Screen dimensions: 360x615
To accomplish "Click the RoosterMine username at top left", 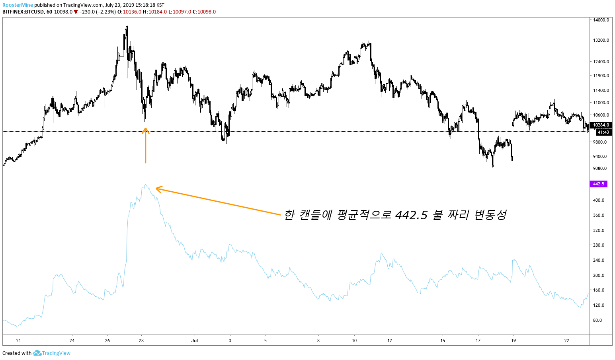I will click(18, 5).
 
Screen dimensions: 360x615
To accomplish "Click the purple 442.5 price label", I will click(598, 184).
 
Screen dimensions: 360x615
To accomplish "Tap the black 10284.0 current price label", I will click(601, 125).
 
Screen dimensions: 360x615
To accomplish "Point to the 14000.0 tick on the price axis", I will click(601, 20).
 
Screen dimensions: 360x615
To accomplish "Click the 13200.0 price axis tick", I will click(601, 40).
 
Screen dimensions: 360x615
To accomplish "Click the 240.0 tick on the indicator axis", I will click(599, 260).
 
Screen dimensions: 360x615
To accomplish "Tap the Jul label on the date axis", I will click(195, 341).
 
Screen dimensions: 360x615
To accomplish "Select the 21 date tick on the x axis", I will click(18, 341).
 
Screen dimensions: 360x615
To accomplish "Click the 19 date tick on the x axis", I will click(513, 341).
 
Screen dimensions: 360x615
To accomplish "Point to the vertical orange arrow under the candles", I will click(145, 145).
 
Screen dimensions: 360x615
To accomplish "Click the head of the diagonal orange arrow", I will click(157, 189).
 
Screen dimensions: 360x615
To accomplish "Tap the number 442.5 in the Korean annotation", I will click(411, 215).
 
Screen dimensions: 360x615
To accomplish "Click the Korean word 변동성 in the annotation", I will click(490, 215).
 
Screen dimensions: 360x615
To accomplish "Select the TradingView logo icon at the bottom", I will click(37, 353).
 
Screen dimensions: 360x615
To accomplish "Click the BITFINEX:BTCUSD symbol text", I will click(23, 12).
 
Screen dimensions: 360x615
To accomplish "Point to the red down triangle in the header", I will click(76, 12).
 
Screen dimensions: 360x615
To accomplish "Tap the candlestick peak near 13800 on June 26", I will click(127, 27).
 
